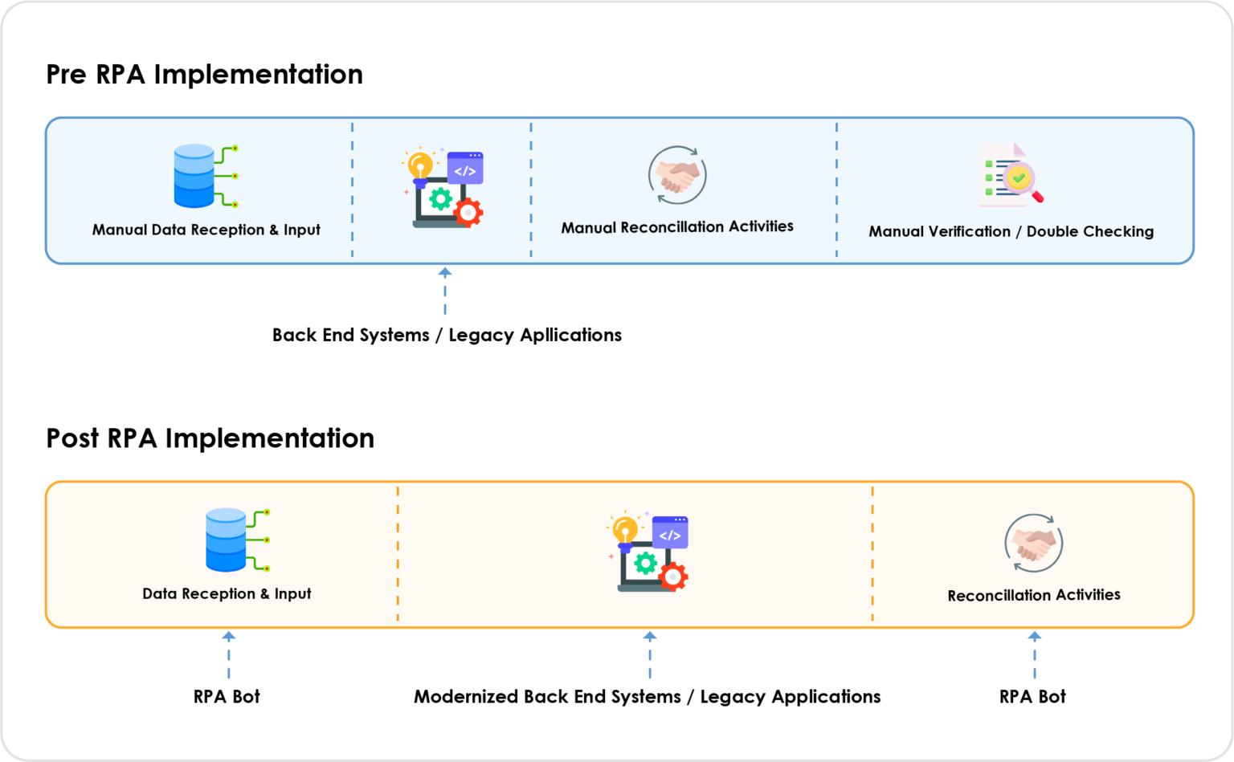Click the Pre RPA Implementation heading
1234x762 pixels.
(204, 74)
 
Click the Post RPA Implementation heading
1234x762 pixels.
(210, 438)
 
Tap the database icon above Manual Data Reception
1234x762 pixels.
(206, 176)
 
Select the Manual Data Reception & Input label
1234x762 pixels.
(206, 230)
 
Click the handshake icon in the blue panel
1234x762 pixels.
(677, 175)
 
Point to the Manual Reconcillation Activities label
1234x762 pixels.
(677, 227)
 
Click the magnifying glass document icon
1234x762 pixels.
(1011, 174)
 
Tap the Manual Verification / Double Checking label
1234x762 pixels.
(1011, 231)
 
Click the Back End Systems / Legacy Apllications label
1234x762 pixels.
(447, 335)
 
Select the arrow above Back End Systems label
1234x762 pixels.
(445, 291)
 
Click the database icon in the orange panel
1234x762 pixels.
(238, 540)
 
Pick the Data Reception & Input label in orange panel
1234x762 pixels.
(227, 593)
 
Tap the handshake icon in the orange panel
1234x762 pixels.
(1033, 543)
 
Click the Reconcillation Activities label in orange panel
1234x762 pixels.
(1034, 595)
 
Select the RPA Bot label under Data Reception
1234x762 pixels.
(227, 696)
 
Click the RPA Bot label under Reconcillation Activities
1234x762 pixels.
(1033, 696)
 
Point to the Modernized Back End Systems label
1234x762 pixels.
(648, 697)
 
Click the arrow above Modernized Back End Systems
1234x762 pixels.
(650, 655)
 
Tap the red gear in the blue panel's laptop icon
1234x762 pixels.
(468, 213)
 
